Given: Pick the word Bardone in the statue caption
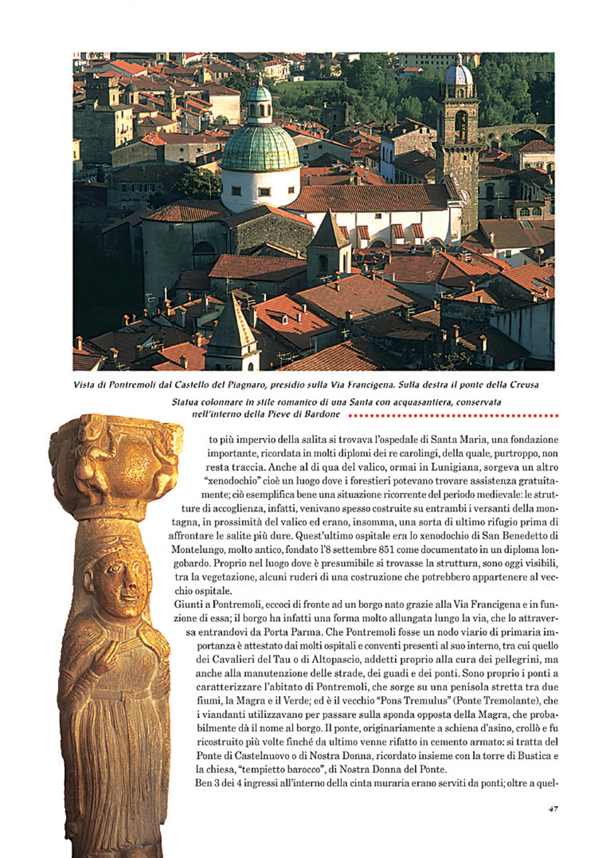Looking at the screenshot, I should tap(323, 415).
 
